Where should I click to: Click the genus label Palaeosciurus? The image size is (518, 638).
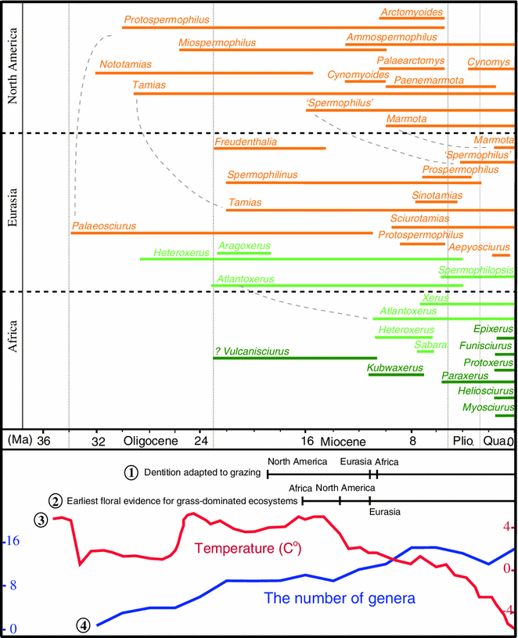click(x=103, y=226)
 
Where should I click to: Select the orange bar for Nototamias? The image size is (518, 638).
click(x=203, y=73)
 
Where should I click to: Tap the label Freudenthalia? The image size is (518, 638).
click(x=247, y=142)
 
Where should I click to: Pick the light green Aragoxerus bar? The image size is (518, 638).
click(x=244, y=253)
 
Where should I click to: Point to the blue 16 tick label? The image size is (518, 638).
click(x=13, y=541)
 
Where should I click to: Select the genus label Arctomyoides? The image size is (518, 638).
click(x=412, y=13)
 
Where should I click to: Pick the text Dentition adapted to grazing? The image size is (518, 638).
click(x=200, y=473)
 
